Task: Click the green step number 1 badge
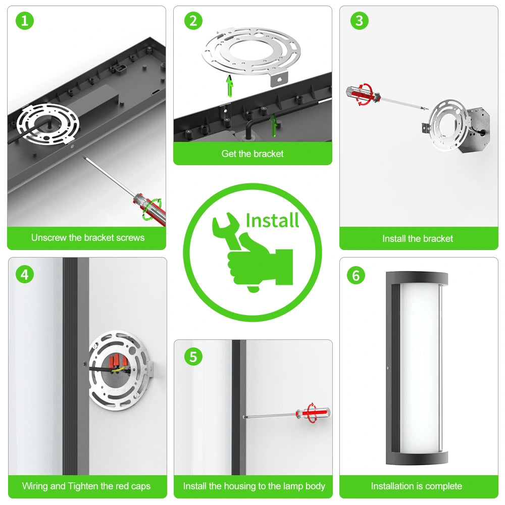25,21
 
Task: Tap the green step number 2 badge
193,21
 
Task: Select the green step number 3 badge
360,21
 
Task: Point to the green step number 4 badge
25,275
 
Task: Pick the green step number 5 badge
193,357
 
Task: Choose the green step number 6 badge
356,275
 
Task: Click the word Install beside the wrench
273,221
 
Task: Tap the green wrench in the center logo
227,231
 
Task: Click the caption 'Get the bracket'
252,154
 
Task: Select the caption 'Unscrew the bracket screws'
87,238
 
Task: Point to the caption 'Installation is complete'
417,486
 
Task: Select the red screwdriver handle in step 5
313,413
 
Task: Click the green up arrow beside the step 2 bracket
230,86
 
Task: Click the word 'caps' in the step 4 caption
141,486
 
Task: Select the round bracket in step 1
47,123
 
